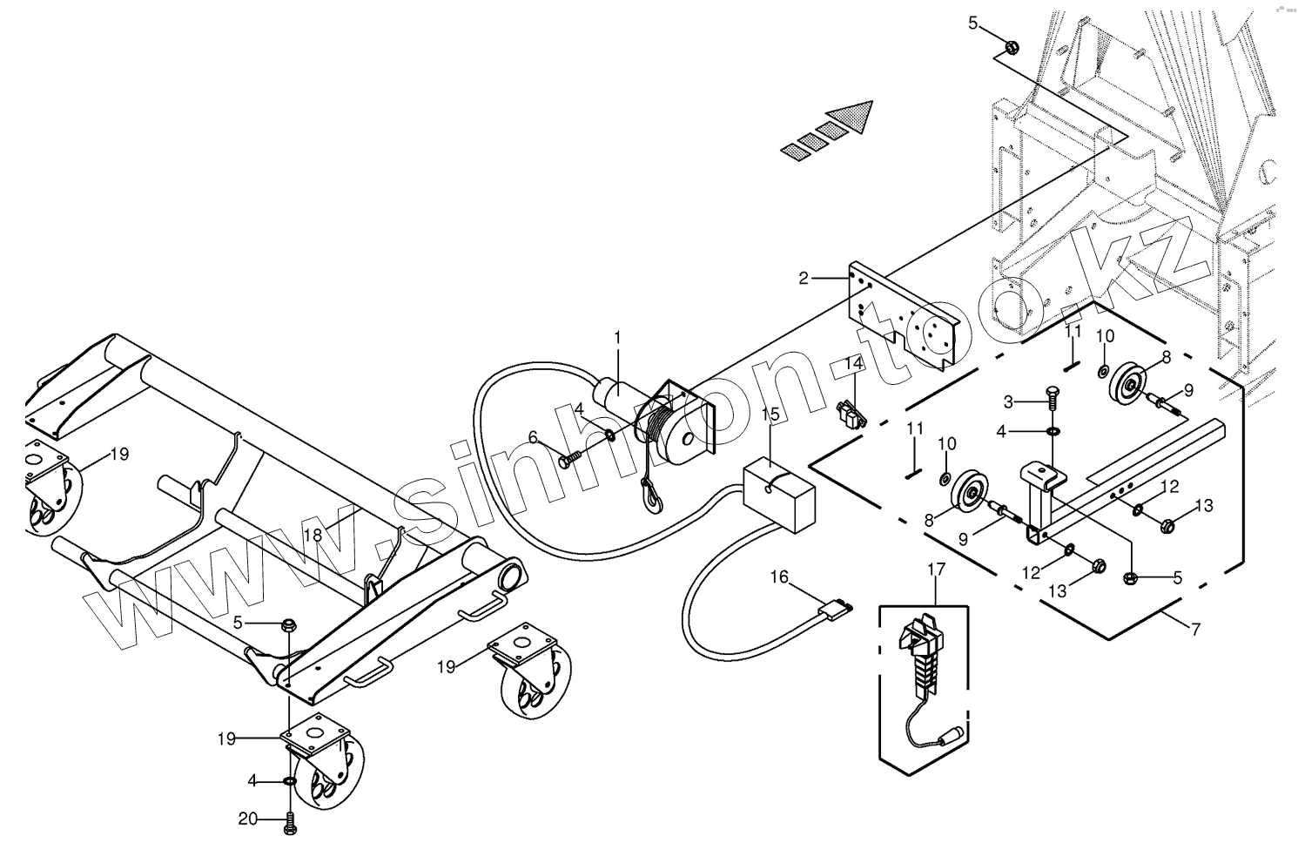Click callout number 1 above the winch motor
[618, 336]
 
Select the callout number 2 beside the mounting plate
[804, 279]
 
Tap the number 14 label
[854, 363]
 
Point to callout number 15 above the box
[771, 414]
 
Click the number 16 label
[778, 576]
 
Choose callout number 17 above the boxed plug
[936, 570]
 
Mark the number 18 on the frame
[313, 535]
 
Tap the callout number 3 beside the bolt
[1009, 401]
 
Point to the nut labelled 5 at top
[1012, 47]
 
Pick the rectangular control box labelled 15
[780, 496]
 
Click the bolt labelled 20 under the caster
[290, 821]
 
